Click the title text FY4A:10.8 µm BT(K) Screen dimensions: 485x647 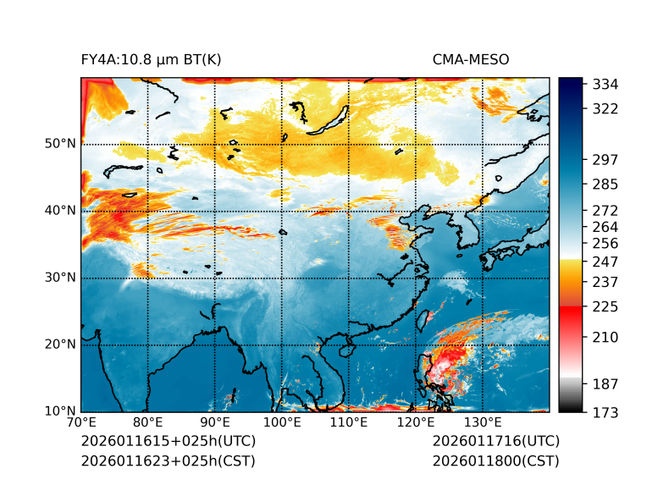pos(152,59)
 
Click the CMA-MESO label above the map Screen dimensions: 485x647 pos(470,59)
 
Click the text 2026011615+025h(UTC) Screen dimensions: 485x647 pos(168,442)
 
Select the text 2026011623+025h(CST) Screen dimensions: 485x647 pos(168,461)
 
